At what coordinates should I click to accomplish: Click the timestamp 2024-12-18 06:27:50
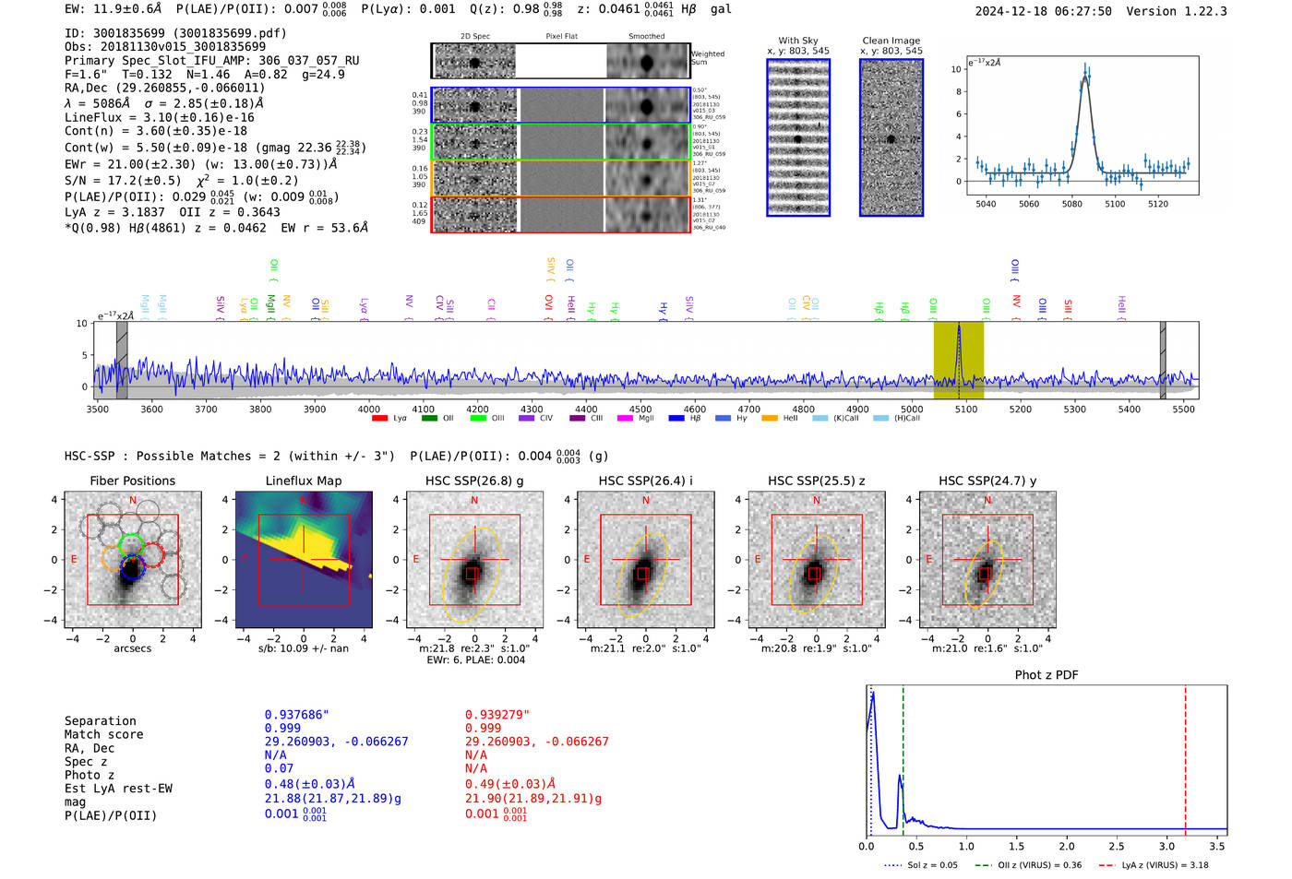(1043, 11)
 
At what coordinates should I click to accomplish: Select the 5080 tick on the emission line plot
(1071, 204)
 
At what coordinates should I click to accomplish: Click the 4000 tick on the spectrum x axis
(369, 409)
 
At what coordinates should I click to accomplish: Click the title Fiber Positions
(132, 481)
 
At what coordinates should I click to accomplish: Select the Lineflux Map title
(303, 481)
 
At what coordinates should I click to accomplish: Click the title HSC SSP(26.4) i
(645, 481)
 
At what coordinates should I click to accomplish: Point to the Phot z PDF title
(1047, 675)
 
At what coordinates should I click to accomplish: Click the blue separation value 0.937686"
(296, 715)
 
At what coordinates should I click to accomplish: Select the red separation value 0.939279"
(496, 715)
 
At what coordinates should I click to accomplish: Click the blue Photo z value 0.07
(279, 768)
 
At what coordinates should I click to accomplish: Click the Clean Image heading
(891, 41)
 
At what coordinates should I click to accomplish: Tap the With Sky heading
(797, 41)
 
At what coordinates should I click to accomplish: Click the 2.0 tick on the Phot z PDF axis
(1066, 846)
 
